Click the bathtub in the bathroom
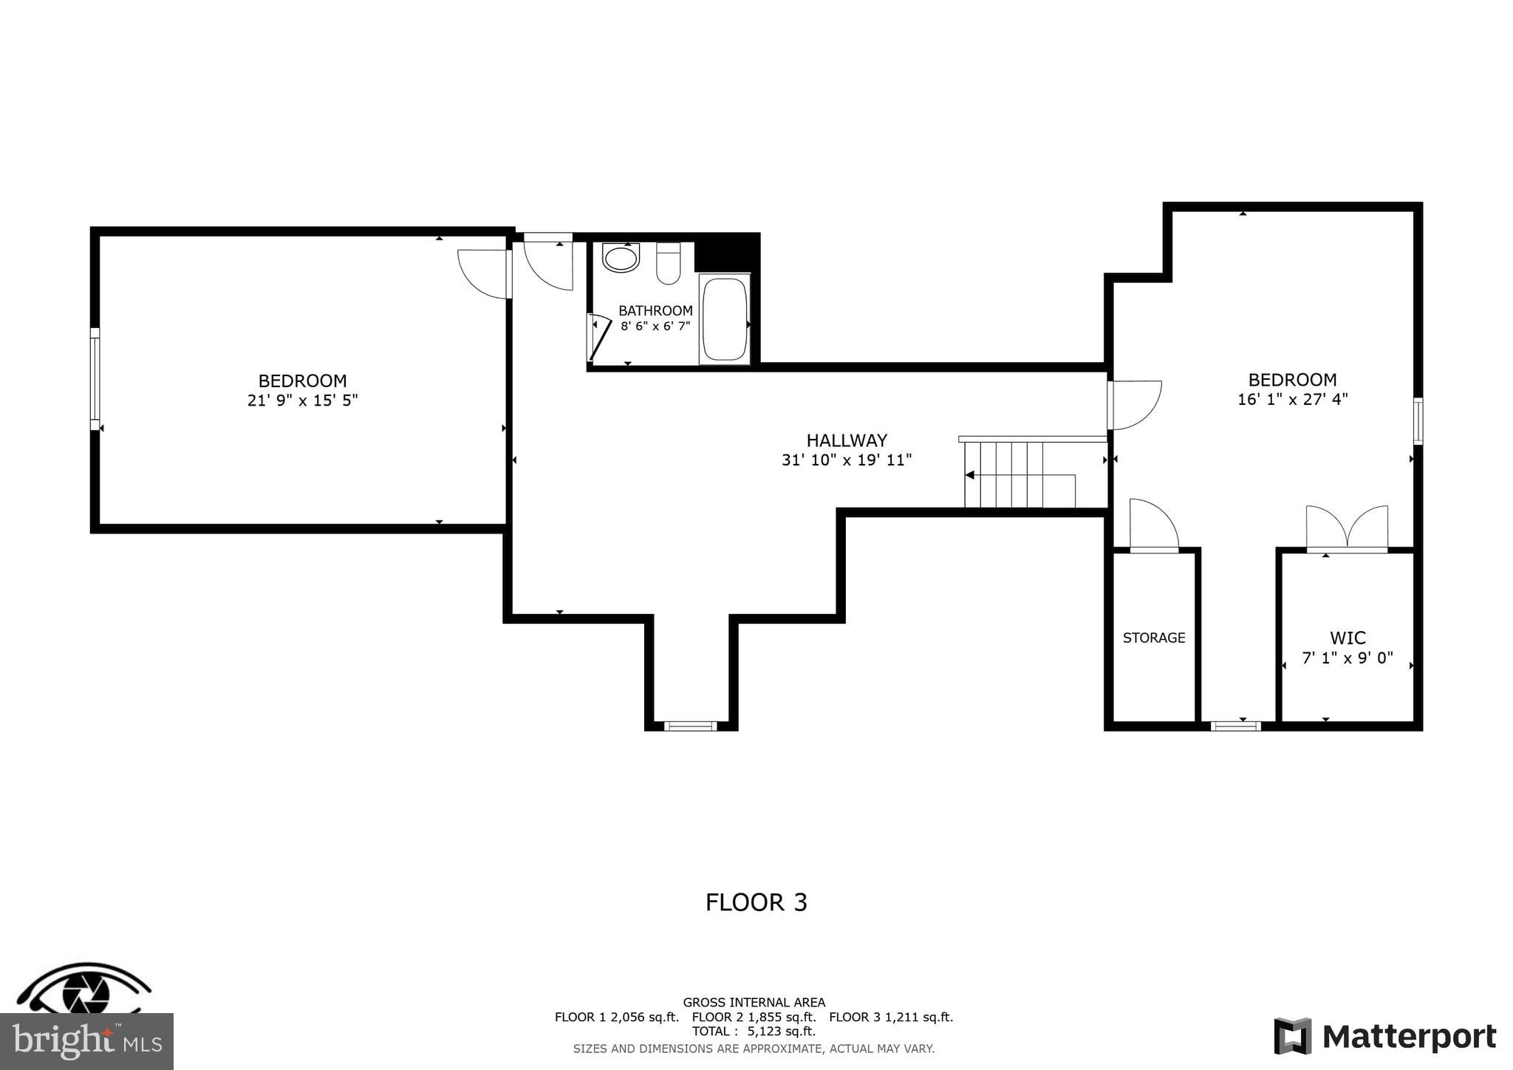725,319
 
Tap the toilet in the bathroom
668,264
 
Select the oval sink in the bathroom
621,258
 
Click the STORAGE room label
1154,638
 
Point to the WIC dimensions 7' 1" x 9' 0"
1347,658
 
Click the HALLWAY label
847,440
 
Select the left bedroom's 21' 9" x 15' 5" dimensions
302,401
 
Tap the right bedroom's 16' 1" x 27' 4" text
1292,399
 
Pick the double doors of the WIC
1347,528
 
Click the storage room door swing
1152,525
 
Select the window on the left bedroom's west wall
95,379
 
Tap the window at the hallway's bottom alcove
690,726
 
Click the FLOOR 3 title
756,902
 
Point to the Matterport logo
1385,1036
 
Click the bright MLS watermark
86,1041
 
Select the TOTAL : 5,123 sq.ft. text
754,1031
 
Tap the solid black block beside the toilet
725,253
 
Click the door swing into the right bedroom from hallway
1135,404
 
